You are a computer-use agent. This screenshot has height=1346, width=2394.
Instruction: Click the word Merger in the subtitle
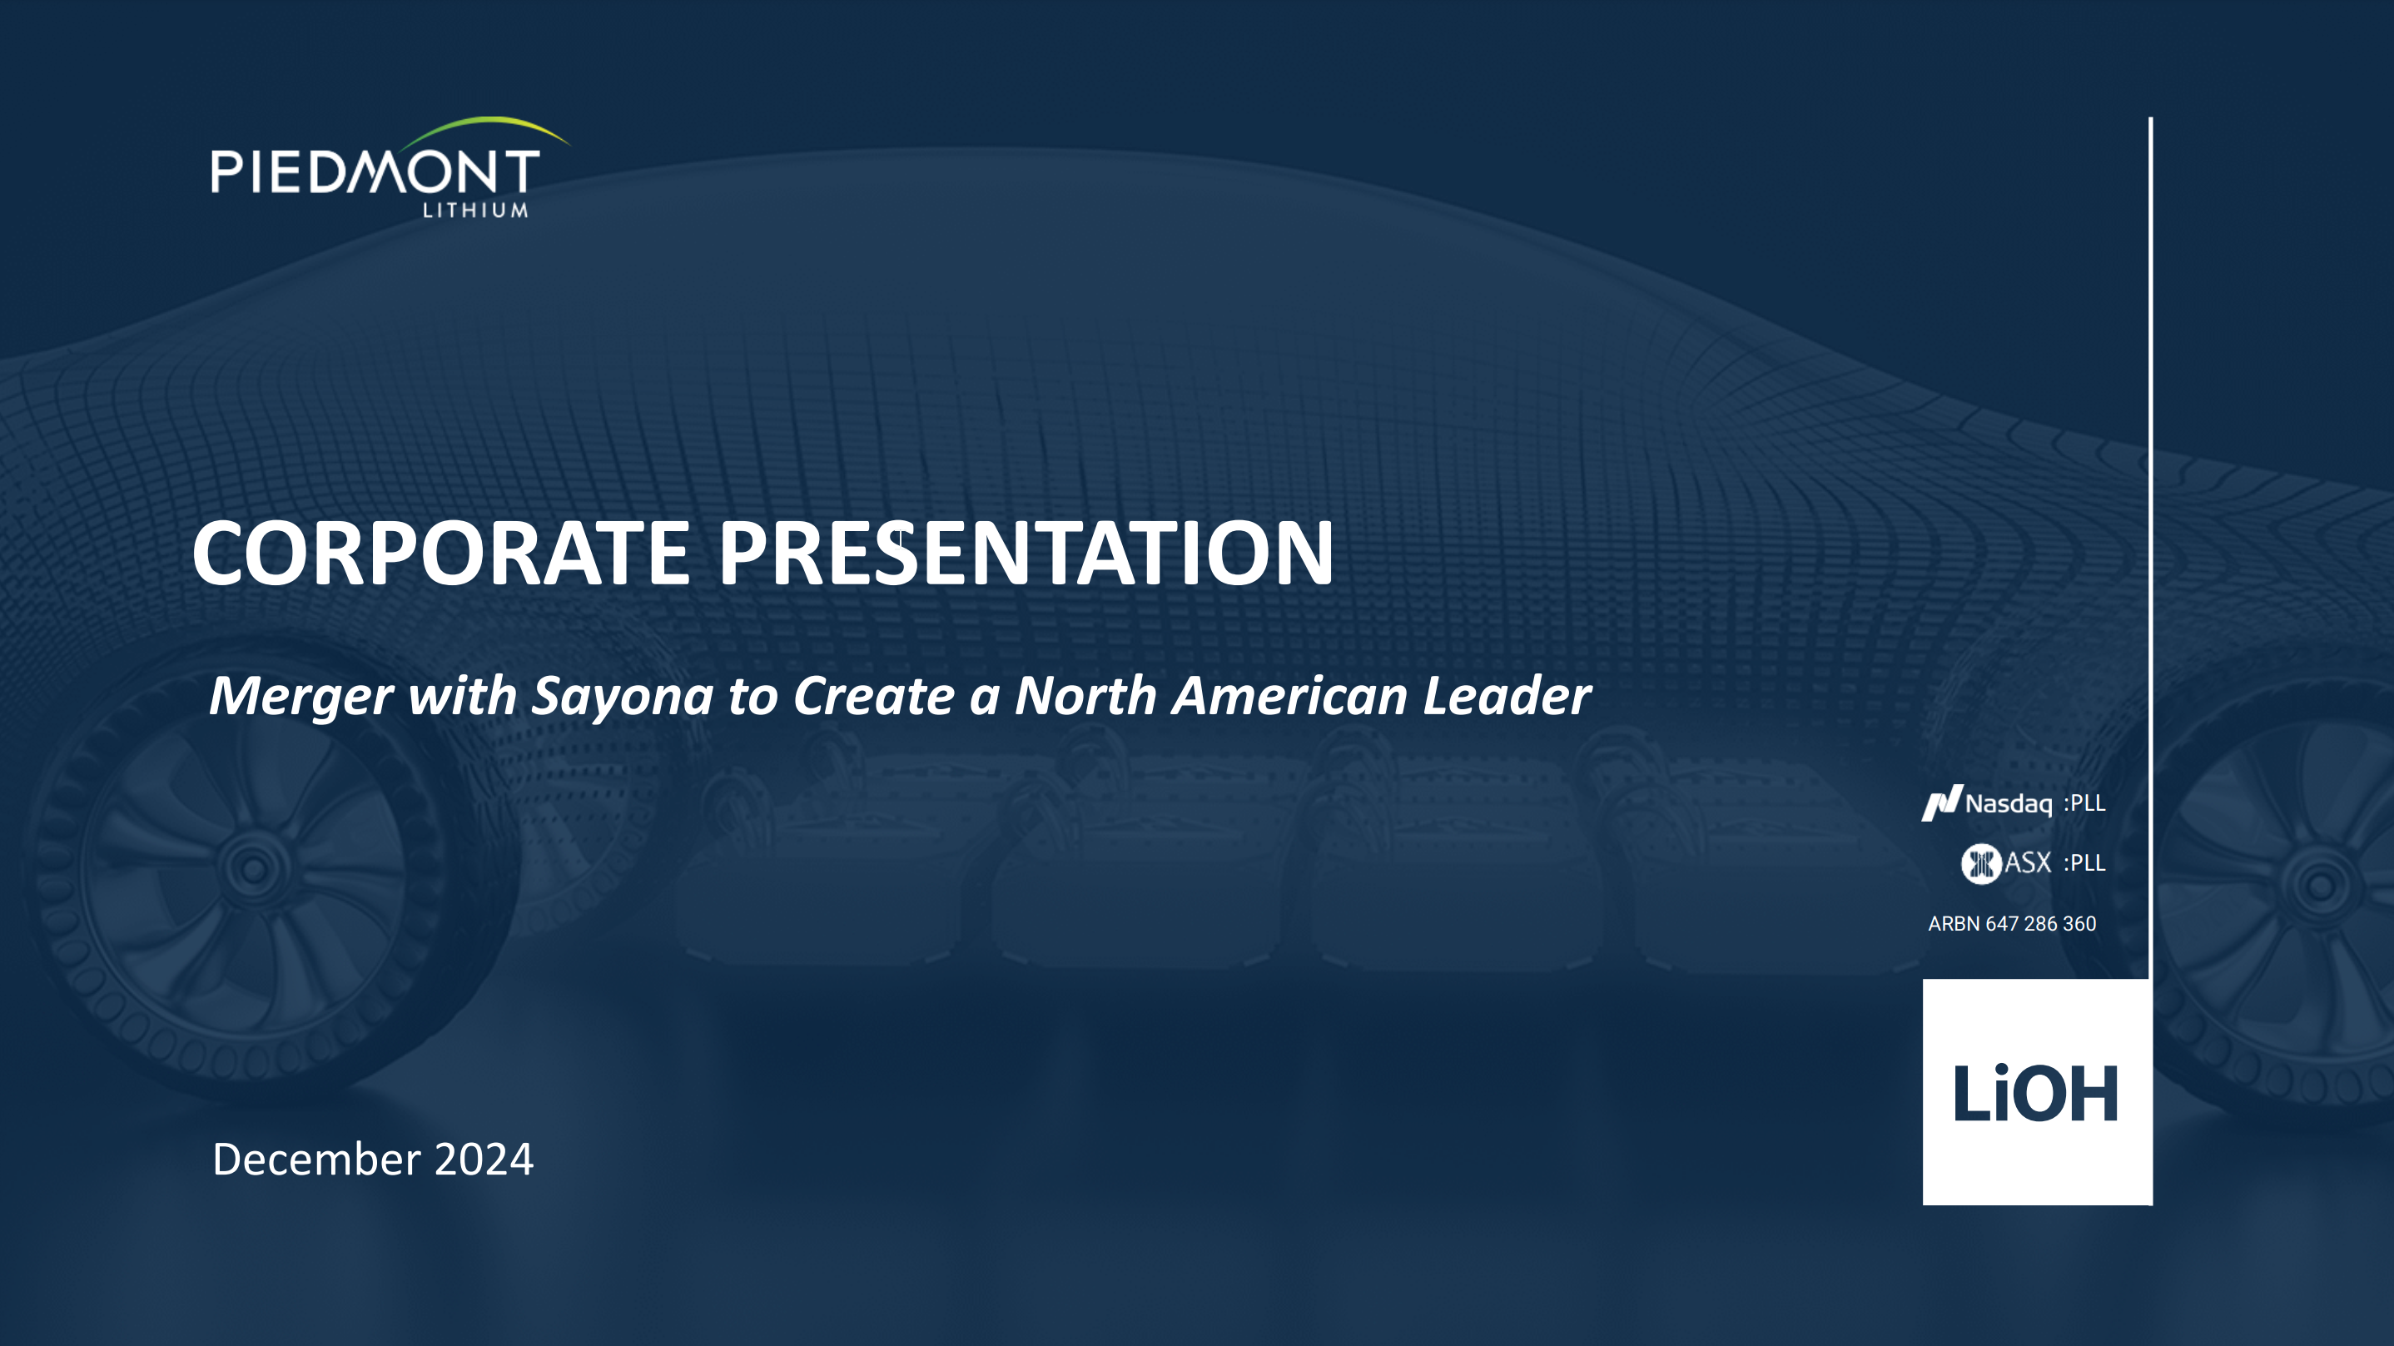coord(301,698)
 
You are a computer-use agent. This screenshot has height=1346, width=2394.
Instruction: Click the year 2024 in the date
coord(484,1160)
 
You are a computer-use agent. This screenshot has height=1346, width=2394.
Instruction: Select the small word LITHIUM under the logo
coord(476,210)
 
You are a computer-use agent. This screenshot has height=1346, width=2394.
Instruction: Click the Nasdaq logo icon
coord(1941,803)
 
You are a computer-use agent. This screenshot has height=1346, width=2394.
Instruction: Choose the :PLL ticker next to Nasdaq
coord(2084,803)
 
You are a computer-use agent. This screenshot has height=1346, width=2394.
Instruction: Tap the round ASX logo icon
coord(1980,863)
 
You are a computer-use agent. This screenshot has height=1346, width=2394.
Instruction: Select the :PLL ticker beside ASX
coord(2084,863)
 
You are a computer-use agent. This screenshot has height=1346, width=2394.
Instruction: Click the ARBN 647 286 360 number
coord(2012,924)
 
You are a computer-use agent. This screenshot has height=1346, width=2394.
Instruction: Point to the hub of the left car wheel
coord(253,868)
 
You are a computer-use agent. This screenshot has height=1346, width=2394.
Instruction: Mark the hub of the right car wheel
coord(2320,885)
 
